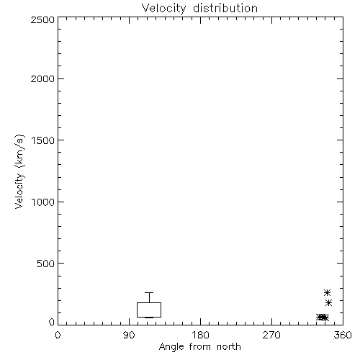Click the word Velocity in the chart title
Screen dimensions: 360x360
point(163,9)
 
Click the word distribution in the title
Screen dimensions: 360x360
point(225,8)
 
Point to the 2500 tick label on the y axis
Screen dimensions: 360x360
point(42,19)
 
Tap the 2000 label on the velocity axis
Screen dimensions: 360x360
point(42,78)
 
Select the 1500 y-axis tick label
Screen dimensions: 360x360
point(43,140)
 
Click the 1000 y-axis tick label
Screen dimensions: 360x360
point(43,202)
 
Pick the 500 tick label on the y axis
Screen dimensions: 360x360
point(46,264)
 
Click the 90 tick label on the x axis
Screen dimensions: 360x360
point(129,335)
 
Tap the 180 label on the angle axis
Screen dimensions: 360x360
point(200,335)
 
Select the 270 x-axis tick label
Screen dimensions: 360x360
point(271,335)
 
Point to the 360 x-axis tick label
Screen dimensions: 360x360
point(343,335)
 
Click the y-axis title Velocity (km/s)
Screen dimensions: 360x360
point(19,171)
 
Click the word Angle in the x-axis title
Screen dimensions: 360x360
point(171,347)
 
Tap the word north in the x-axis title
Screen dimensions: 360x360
point(229,346)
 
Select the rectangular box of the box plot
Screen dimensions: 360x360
point(137,310)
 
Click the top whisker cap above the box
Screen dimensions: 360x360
point(149,292)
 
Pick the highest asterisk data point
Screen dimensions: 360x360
point(327,292)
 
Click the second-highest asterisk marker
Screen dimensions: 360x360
point(328,303)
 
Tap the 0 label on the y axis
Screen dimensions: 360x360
point(52,322)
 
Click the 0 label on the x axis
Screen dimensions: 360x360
point(58,335)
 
